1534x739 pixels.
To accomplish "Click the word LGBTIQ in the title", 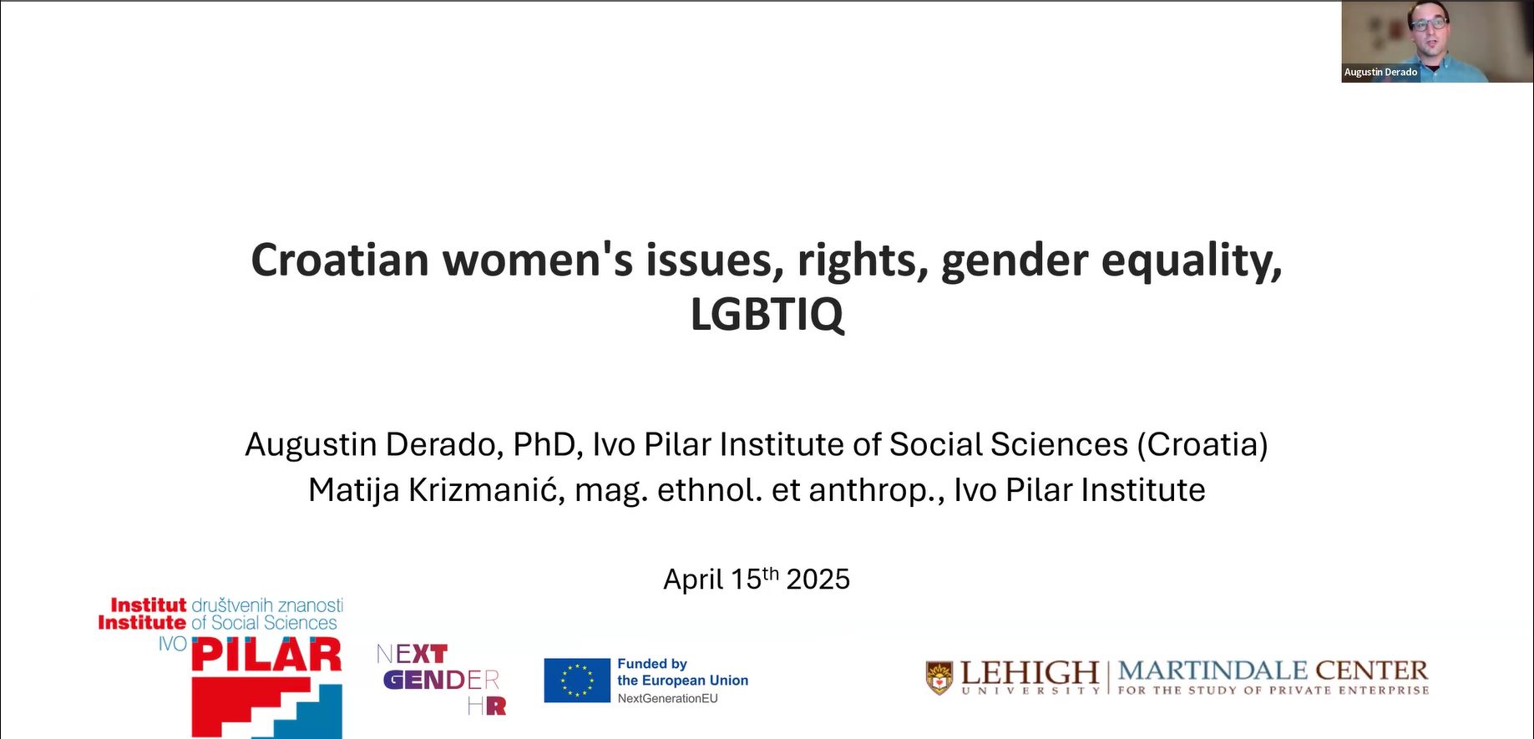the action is coord(767,314).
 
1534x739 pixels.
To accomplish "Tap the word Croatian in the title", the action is coord(340,260).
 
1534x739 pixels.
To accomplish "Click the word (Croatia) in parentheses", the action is coord(1202,445).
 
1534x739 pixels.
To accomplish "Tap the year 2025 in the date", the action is coord(818,580).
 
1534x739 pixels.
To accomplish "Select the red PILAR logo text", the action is coord(266,655).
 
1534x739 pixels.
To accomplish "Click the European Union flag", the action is coord(577,681).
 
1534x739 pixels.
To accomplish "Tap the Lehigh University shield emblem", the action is coord(939,678).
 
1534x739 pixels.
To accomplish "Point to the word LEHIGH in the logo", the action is coord(1030,671).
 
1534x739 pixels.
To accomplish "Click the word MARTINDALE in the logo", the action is coord(1213,671).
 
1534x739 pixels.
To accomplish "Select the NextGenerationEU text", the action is coord(667,699).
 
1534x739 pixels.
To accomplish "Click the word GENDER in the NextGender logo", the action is coord(441,680).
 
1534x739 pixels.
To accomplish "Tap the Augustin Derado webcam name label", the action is coord(1380,73).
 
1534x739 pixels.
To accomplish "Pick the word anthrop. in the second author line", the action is coord(877,491).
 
